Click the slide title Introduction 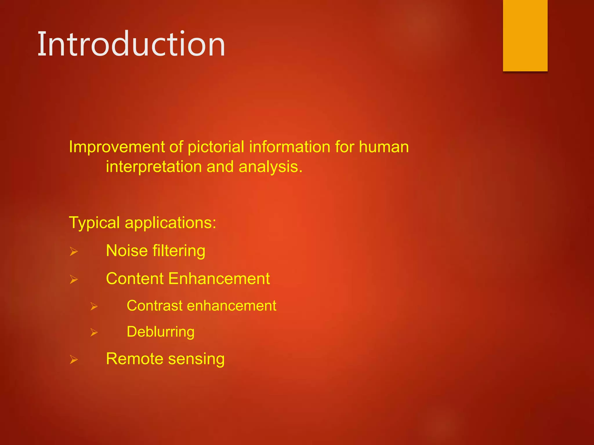click(131, 44)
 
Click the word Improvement click(117, 147)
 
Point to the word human click(384, 147)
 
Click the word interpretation click(154, 167)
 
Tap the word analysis click(271, 167)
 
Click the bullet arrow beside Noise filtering click(74, 251)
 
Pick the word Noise click(127, 251)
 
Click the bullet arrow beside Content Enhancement click(74, 279)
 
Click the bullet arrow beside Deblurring click(94, 332)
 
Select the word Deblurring click(160, 332)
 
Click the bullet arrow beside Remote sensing click(74, 360)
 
